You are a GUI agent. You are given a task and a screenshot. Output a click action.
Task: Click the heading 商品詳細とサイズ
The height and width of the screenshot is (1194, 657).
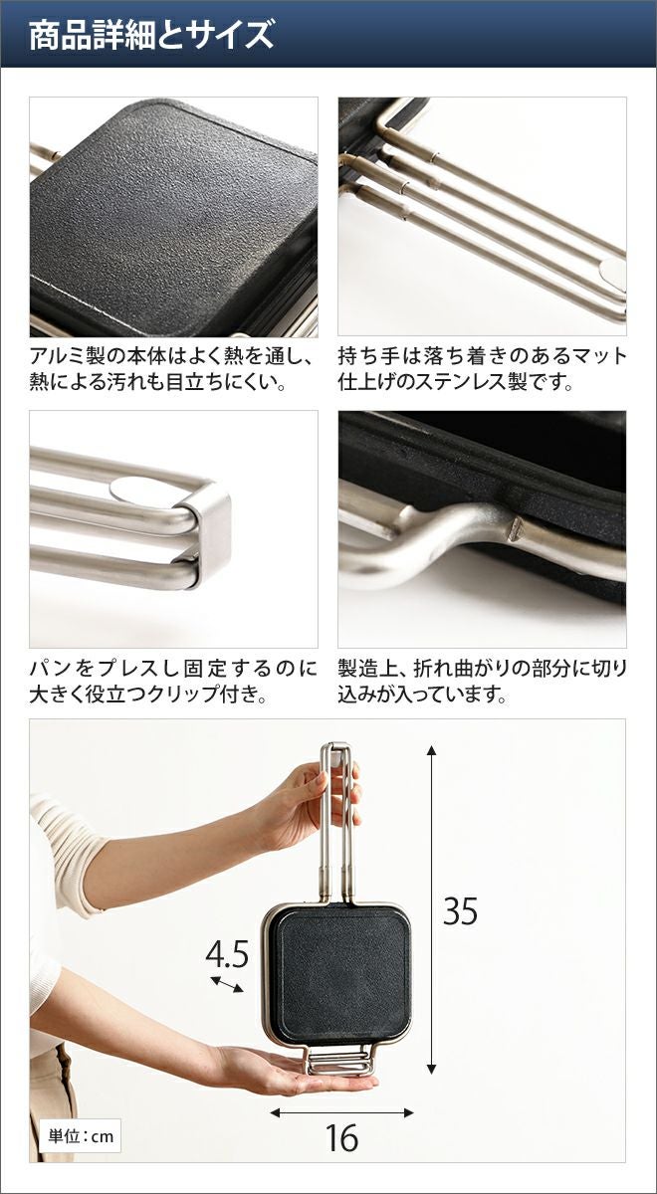coord(151,35)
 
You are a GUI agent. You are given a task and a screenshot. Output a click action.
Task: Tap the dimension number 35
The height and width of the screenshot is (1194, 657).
coord(460,911)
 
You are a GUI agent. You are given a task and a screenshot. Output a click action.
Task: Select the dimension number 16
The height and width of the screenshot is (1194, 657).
coord(341,1138)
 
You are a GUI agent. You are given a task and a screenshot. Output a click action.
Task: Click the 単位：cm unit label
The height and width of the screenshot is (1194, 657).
coord(81,1136)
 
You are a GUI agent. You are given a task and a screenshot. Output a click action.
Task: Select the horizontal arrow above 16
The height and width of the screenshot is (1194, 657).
coord(341,1112)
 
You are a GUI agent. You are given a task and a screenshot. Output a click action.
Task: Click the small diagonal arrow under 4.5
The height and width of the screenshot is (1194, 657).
coord(227,984)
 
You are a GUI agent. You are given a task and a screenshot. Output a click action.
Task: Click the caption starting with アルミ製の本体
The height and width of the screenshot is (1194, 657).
coord(170,369)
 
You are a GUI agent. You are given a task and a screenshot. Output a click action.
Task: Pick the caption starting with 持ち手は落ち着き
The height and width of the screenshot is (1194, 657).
coord(482,369)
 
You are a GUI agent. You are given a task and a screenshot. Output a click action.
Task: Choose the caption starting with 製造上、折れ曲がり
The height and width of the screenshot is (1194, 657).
coord(482,682)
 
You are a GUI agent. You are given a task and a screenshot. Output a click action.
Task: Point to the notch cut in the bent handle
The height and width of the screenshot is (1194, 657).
coord(516,528)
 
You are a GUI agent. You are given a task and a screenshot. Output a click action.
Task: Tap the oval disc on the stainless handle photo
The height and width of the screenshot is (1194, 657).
coord(613,271)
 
